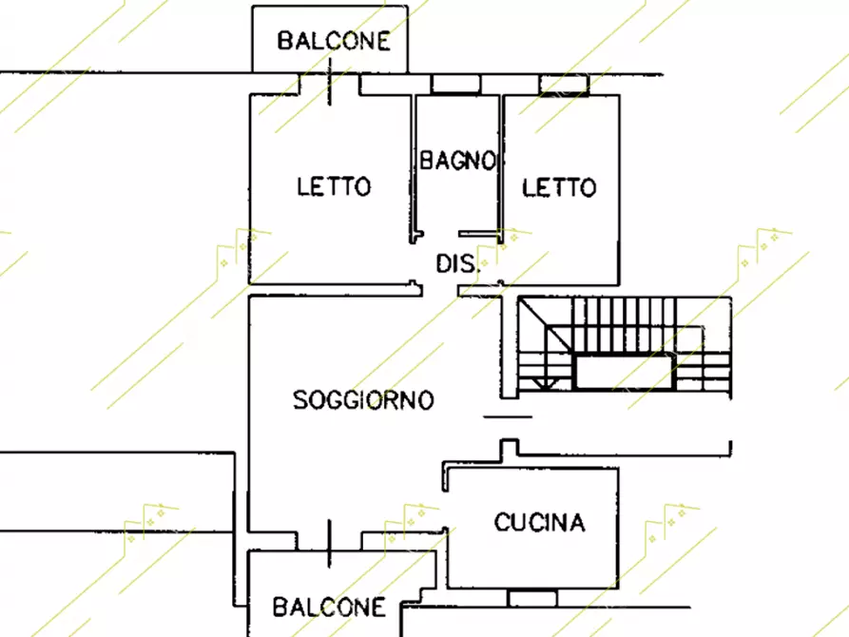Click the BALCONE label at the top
(x=333, y=41)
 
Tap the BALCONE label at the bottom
(x=329, y=607)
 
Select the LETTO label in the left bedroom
(x=333, y=186)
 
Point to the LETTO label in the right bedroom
(x=559, y=187)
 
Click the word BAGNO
(x=457, y=161)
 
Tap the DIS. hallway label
(x=457, y=263)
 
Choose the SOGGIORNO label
(x=363, y=399)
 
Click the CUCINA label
(x=539, y=522)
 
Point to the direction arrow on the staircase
(x=543, y=382)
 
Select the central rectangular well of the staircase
(x=624, y=371)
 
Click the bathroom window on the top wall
(x=456, y=85)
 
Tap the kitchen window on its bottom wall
(x=532, y=598)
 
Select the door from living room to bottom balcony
(x=329, y=541)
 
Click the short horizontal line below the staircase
(x=507, y=416)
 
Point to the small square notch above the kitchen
(x=510, y=447)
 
